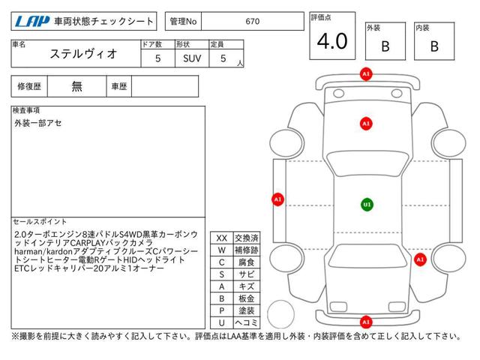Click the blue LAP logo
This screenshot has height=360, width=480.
[32, 21]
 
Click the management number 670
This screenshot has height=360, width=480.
[253, 22]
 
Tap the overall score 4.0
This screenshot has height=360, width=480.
[332, 41]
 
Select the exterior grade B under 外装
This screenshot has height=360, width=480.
[385, 46]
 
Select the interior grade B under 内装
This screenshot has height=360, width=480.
[434, 46]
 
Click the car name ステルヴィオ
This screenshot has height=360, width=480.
[83, 54]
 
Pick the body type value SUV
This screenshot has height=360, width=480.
[192, 58]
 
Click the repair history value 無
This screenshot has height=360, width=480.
[76, 86]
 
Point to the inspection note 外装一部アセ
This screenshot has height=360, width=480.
[38, 123]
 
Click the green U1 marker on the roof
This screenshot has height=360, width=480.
[367, 205]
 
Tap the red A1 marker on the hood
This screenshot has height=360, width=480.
[366, 124]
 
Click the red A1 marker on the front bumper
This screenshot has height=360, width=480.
[366, 74]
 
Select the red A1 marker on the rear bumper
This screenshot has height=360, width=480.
[366, 322]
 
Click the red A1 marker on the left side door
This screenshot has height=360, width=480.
[277, 199]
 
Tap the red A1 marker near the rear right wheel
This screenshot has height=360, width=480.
[420, 259]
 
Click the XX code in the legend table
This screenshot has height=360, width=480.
[222, 238]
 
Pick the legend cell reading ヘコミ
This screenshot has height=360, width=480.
[247, 322]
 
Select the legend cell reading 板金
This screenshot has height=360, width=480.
[247, 298]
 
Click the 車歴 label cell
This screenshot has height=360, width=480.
[119, 87]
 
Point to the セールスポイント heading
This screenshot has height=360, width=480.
[40, 222]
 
